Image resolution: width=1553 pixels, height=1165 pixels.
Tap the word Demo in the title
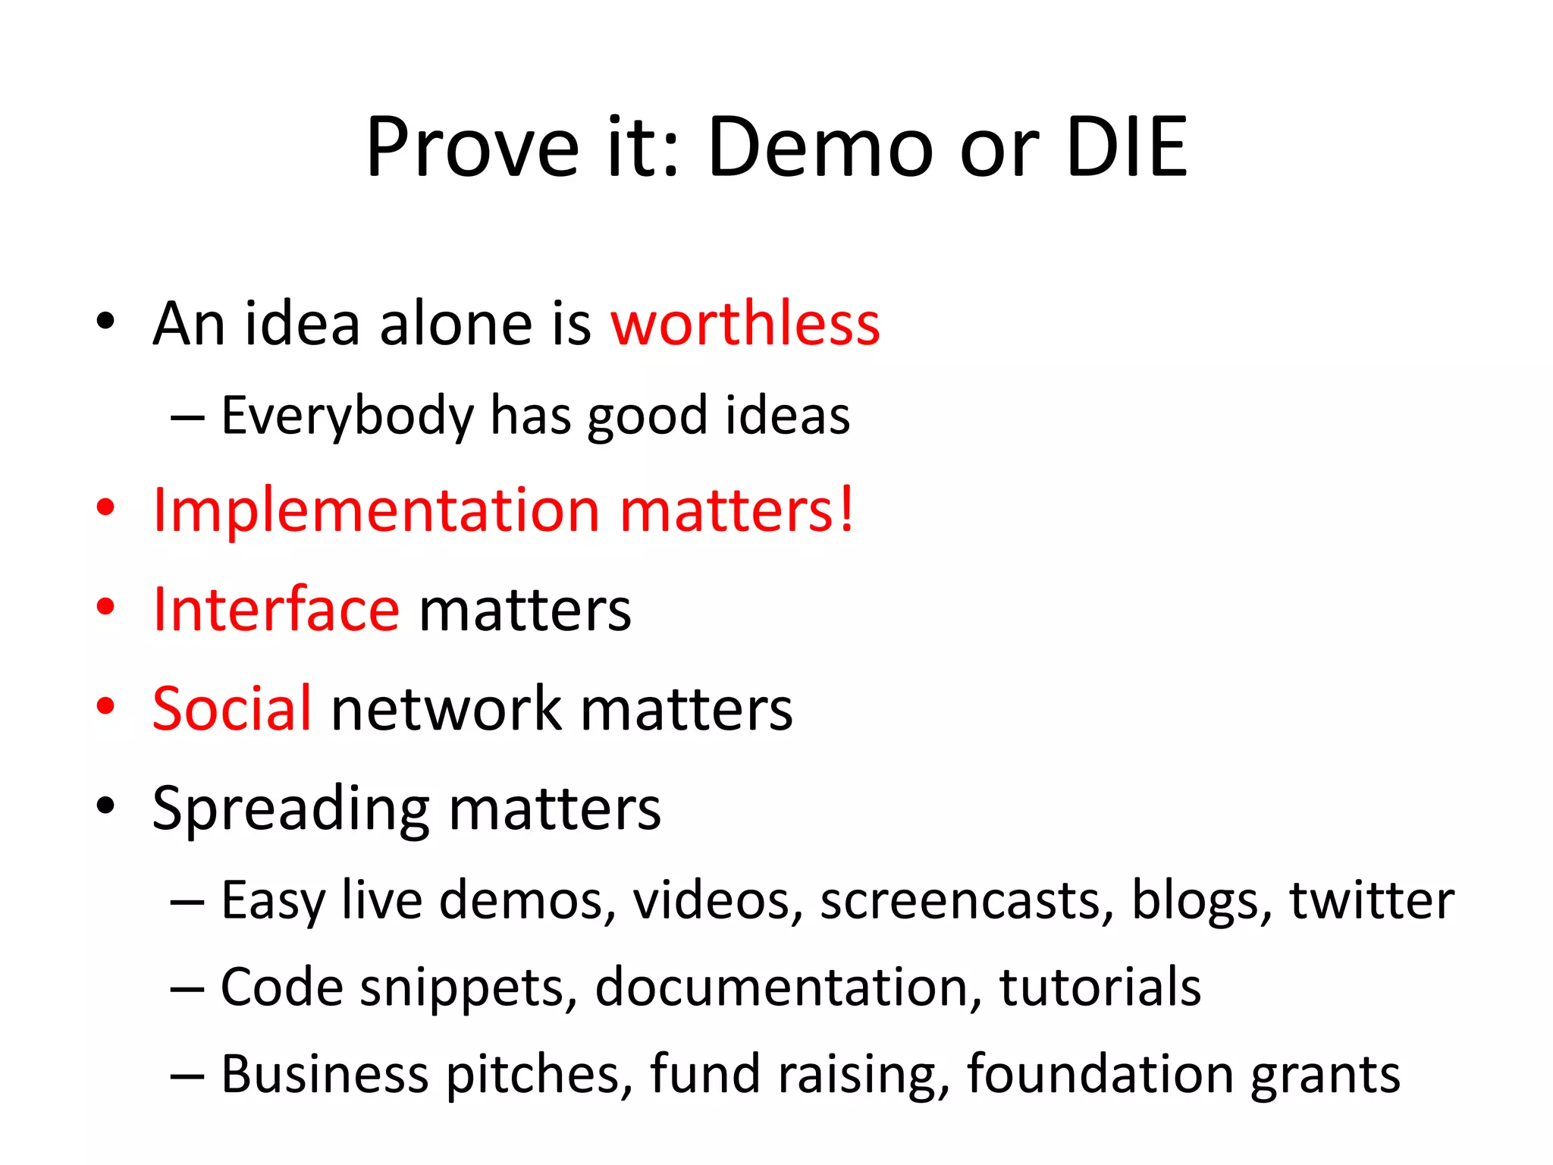click(820, 147)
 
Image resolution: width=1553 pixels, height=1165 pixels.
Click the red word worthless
click(745, 324)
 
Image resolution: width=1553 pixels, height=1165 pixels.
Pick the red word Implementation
click(376, 510)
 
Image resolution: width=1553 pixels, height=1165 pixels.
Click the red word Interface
click(276, 610)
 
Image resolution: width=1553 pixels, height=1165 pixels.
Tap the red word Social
click(231, 708)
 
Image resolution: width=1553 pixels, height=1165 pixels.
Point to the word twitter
click(1371, 900)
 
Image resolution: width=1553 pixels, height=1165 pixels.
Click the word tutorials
click(1100, 987)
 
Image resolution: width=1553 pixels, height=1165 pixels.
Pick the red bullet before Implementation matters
click(105, 507)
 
